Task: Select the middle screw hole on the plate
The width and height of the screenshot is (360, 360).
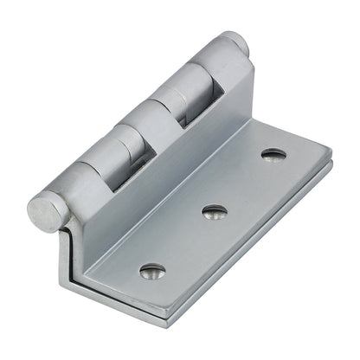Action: [212, 210]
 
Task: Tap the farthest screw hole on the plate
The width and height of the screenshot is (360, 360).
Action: [273, 156]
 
